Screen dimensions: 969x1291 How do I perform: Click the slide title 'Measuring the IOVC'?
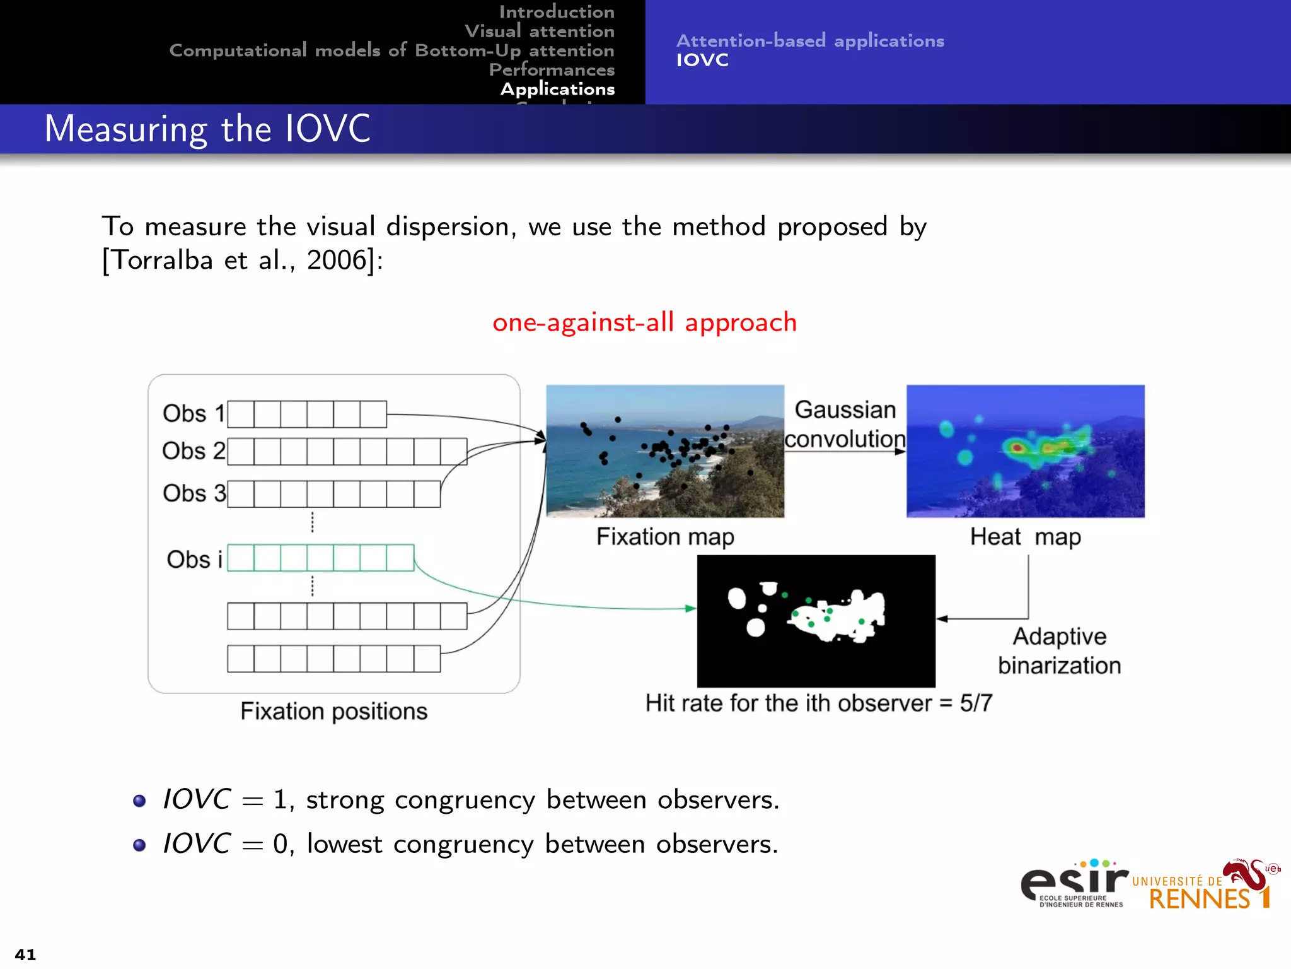pos(207,129)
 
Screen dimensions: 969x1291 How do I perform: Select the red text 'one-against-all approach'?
pos(644,322)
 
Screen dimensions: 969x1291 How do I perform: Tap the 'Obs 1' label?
pos(193,414)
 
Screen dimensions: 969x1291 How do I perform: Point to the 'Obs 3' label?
pos(194,493)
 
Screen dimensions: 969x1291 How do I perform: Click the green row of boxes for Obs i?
pos(320,558)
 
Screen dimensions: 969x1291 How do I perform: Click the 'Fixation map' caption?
pos(665,537)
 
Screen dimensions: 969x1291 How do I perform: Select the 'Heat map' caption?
pos(1025,537)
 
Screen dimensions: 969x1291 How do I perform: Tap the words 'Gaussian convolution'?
pos(845,425)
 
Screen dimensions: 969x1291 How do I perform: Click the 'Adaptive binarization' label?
pos(1059,651)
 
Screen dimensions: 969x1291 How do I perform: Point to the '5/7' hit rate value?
pos(976,703)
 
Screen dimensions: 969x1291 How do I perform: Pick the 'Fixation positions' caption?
pos(333,712)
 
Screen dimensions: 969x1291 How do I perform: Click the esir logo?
pos(1074,883)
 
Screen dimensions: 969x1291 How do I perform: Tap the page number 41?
pos(25,954)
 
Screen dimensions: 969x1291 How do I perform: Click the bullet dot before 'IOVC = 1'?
pos(139,801)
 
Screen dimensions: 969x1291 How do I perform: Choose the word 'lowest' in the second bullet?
pos(344,844)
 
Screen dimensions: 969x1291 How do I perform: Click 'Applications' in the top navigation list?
pos(557,89)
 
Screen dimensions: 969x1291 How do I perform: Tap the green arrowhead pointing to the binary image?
pos(691,609)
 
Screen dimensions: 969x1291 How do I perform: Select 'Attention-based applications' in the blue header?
pos(810,41)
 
